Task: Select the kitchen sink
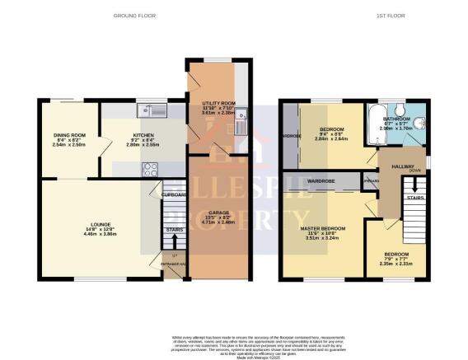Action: pyautogui.click(x=152, y=110)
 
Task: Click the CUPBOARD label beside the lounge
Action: pyautogui.click(x=173, y=194)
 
